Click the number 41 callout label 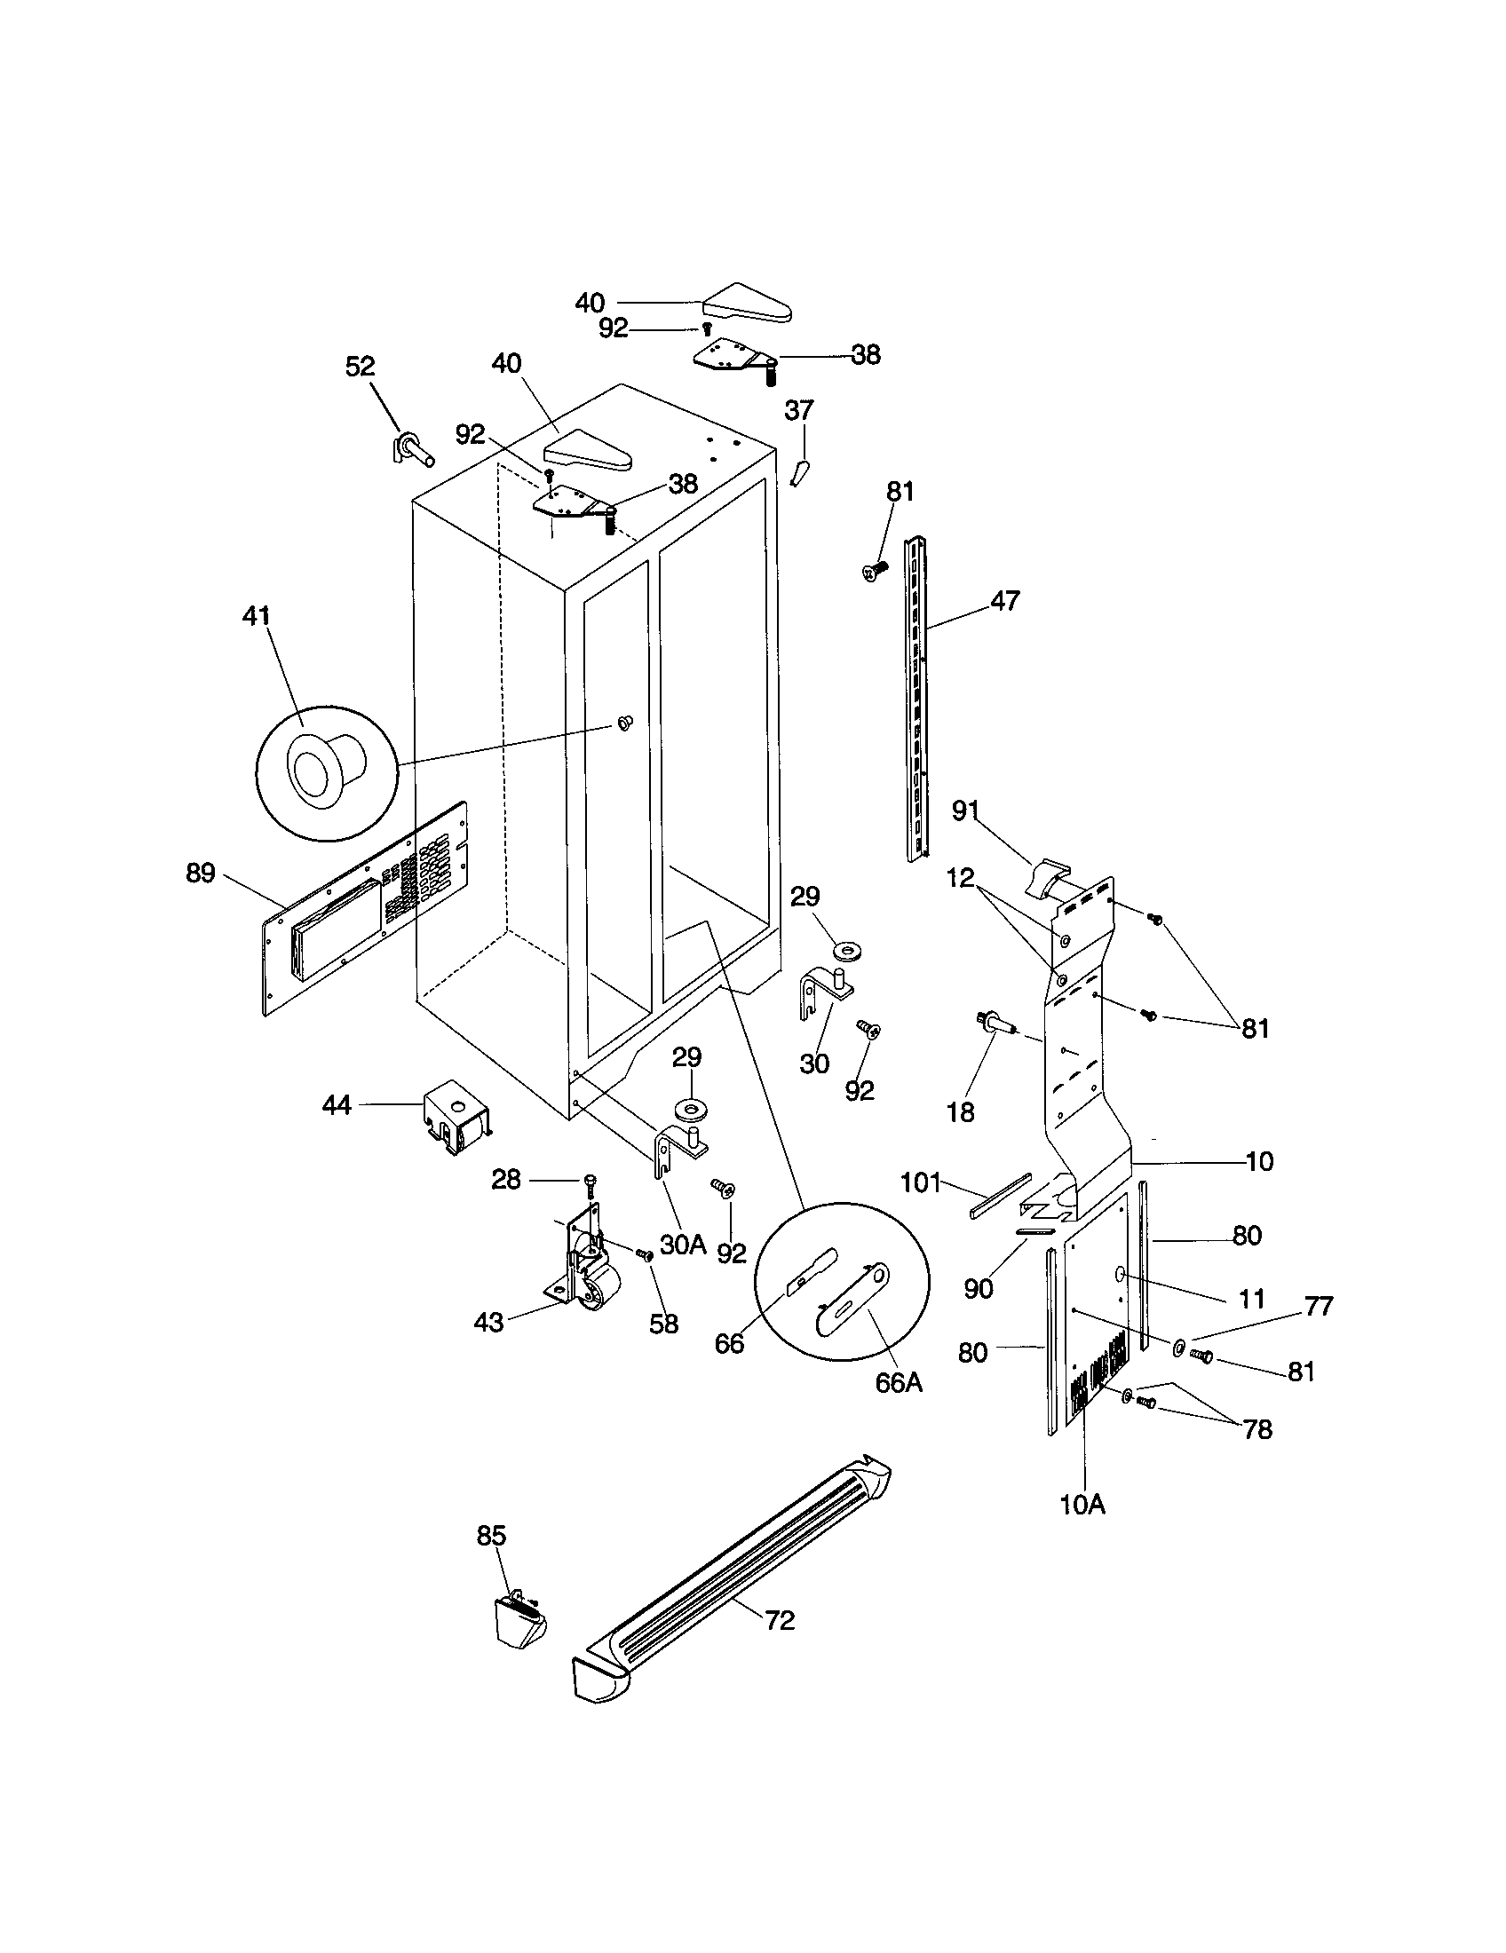pyautogui.click(x=257, y=616)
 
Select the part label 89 pyautogui.click(x=201, y=873)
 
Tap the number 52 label pyautogui.click(x=360, y=367)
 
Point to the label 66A pyautogui.click(x=899, y=1382)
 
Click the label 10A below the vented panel pyautogui.click(x=1082, y=1505)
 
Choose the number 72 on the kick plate pyautogui.click(x=780, y=1619)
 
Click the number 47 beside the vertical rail pyautogui.click(x=1005, y=601)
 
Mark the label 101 pyautogui.click(x=921, y=1183)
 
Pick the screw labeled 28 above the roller pyautogui.click(x=590, y=1185)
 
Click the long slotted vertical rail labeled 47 pyautogui.click(x=917, y=698)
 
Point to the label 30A pyautogui.click(x=683, y=1245)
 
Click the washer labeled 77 pyautogui.click(x=1180, y=1345)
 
